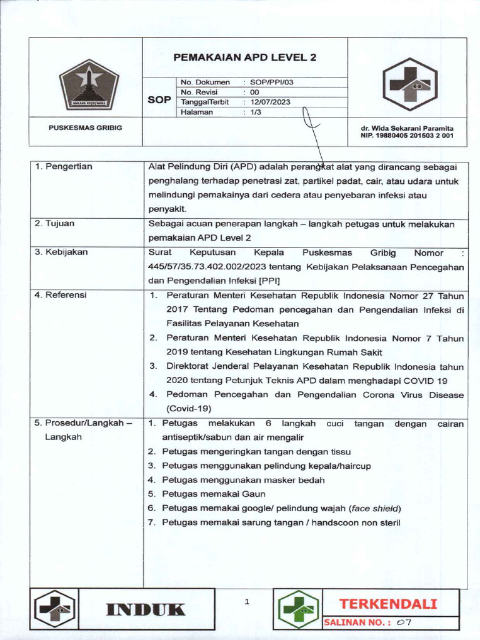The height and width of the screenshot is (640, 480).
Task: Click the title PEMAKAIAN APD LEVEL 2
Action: (x=245, y=57)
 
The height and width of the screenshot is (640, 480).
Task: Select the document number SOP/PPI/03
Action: (x=271, y=82)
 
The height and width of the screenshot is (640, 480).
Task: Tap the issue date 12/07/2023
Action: (x=270, y=102)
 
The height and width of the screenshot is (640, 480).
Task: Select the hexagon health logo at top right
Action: (x=409, y=84)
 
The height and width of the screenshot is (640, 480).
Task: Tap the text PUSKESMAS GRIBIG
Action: (x=86, y=127)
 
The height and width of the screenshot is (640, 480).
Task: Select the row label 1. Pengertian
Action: (x=63, y=166)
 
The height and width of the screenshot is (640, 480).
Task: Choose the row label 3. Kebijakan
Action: (x=61, y=252)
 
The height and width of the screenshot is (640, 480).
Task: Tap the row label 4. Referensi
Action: (x=61, y=294)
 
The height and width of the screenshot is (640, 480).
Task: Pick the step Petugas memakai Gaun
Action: (x=214, y=494)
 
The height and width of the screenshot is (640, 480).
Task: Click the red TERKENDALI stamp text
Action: (x=387, y=604)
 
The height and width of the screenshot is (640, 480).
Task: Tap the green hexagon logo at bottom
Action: (x=298, y=609)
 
